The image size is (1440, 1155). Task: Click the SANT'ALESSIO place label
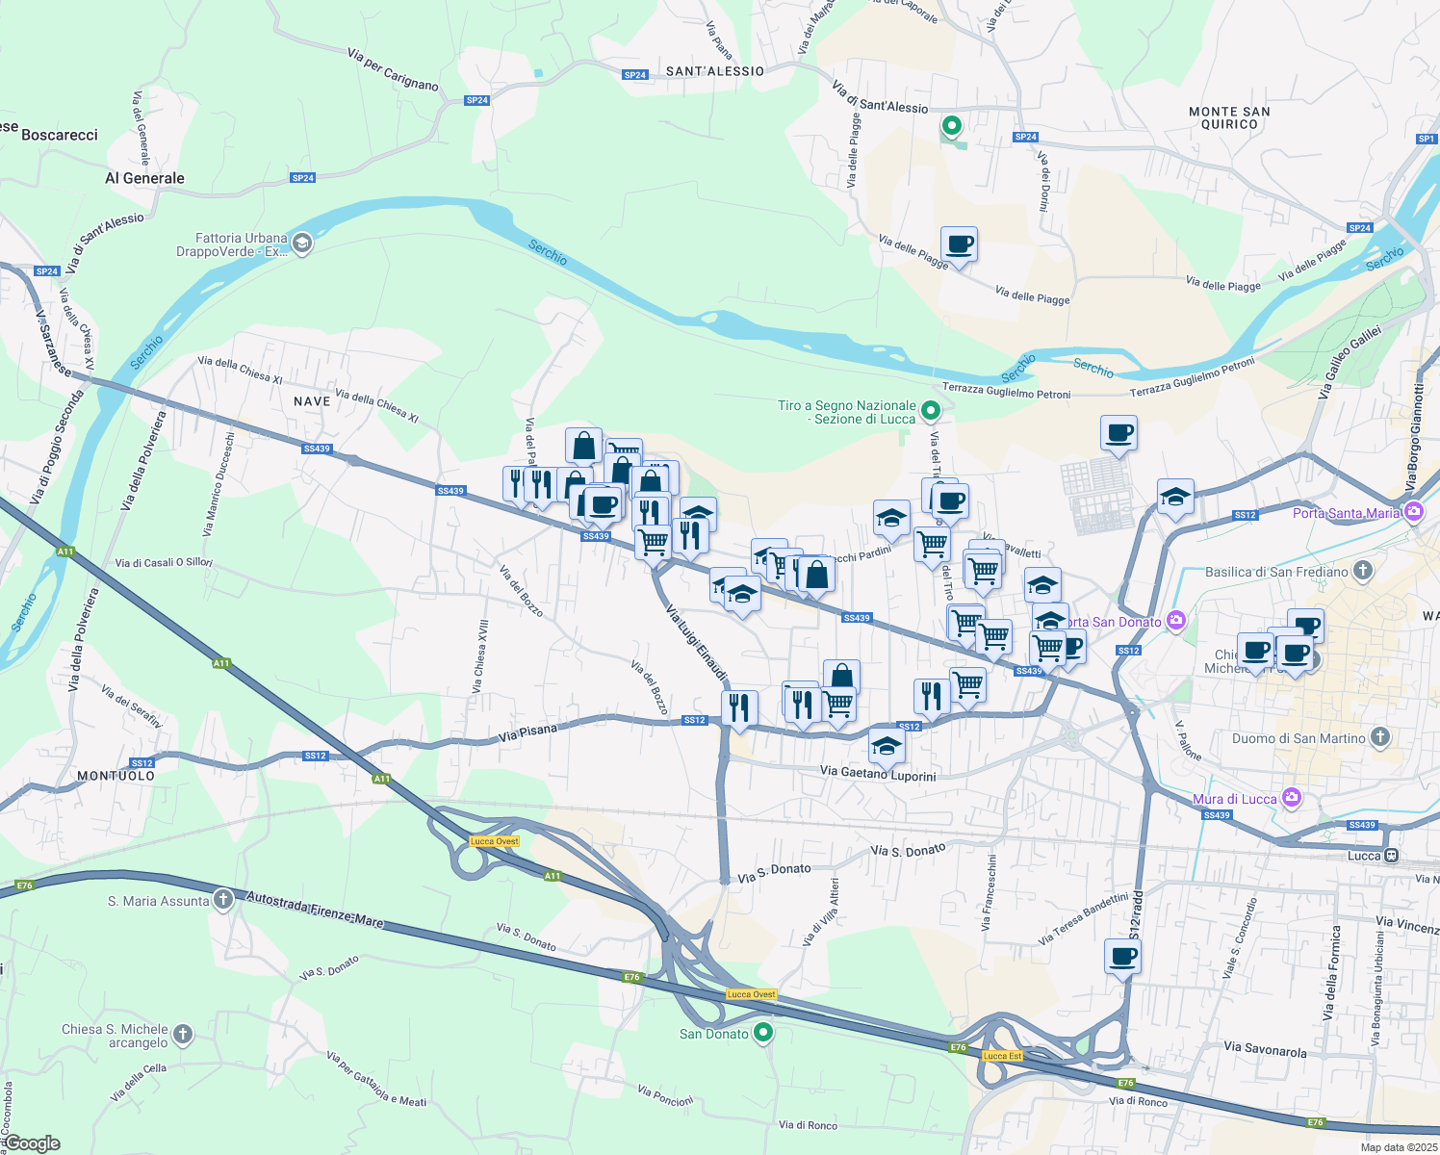pos(714,72)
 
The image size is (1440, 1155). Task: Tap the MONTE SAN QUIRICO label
pos(1229,118)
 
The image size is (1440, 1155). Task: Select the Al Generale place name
pos(144,178)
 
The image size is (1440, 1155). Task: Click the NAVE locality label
pos(312,401)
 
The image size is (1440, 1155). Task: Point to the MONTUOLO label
pos(116,776)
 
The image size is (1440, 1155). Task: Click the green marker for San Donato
pos(763,1034)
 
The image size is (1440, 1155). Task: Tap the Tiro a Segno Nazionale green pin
pos(930,412)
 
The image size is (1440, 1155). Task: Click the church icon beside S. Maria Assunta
pos(223,901)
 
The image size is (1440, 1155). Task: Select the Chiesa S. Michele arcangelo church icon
pos(182,1036)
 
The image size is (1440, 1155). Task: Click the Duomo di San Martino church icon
pos(1380,738)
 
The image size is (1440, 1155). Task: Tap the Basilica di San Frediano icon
pos(1362,572)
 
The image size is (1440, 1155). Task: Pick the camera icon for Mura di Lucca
pos(1292,799)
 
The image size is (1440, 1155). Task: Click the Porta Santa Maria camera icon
pos(1414,513)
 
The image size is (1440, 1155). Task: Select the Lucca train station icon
pos(1391,856)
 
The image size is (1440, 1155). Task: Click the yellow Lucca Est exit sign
pos(1002,1056)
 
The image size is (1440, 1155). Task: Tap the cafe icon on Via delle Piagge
pos(959,244)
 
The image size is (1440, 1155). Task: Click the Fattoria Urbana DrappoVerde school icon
pos(302,244)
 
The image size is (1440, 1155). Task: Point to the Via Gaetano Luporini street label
pos(878,773)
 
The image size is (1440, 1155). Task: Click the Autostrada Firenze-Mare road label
pos(315,910)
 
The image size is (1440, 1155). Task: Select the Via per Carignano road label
pos(393,69)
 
